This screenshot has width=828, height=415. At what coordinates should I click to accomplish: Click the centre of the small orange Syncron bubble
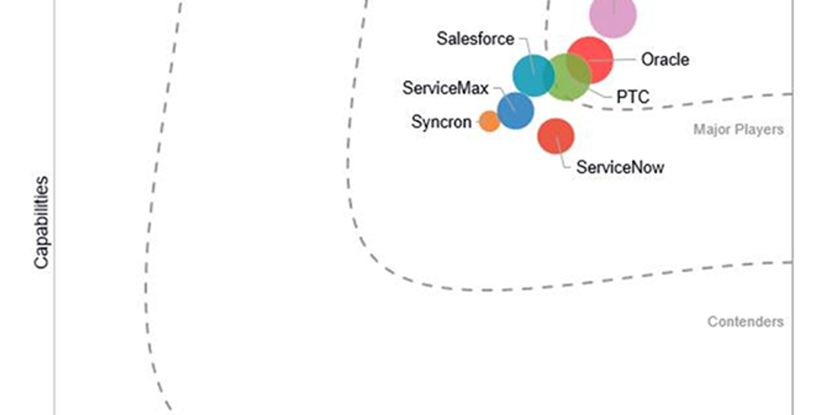tap(489, 121)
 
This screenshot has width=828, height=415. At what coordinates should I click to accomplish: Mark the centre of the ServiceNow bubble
tap(555, 136)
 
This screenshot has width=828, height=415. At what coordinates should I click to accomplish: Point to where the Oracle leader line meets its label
tap(635, 59)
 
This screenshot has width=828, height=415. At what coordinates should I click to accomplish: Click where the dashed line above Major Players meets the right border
tap(793, 94)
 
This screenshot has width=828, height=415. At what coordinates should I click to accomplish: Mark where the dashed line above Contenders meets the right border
tap(793, 262)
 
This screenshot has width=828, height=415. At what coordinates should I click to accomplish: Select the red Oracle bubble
tap(590, 60)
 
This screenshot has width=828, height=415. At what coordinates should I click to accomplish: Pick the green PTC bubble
tap(569, 77)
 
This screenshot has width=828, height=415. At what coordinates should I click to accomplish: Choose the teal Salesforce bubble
tap(533, 75)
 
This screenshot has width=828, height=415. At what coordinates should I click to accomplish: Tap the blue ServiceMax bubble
tap(515, 110)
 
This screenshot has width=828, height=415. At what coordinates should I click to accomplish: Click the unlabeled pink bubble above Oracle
tap(613, 15)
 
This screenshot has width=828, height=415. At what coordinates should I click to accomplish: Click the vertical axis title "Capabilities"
tap(41, 222)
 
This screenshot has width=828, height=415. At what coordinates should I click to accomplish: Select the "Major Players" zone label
tap(738, 129)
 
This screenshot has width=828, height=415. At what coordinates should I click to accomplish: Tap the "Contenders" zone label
tap(746, 322)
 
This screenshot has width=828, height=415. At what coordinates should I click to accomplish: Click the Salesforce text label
tap(475, 39)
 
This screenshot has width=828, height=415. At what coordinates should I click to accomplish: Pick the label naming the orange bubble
tap(442, 122)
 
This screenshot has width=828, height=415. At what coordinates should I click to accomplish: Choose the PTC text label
tap(633, 97)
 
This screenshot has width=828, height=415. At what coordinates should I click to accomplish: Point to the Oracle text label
tap(665, 59)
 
